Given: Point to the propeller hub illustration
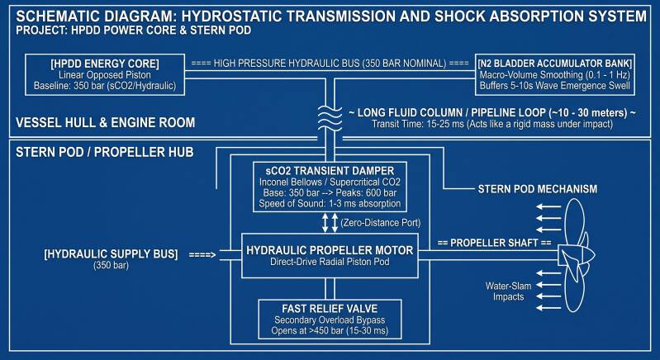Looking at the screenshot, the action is [576, 255].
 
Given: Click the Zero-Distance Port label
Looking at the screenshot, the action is [381, 222].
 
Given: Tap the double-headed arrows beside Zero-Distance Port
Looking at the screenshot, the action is [330, 222].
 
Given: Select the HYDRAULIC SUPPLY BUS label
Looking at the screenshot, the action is [111, 254].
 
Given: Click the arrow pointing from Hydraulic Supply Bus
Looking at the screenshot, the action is [202, 254].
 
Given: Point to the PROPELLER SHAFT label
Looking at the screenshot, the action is [494, 243].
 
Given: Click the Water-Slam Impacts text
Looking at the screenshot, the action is [509, 291].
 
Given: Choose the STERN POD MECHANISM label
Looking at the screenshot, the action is [538, 189].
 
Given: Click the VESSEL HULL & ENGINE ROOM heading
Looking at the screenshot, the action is [105, 123].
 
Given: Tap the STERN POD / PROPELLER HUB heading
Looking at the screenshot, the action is [104, 152].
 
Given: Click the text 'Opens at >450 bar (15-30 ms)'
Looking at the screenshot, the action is [330, 330].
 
